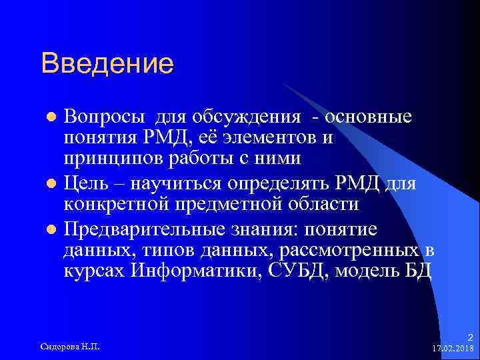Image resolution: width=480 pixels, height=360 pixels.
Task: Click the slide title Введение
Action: pos(107,64)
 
